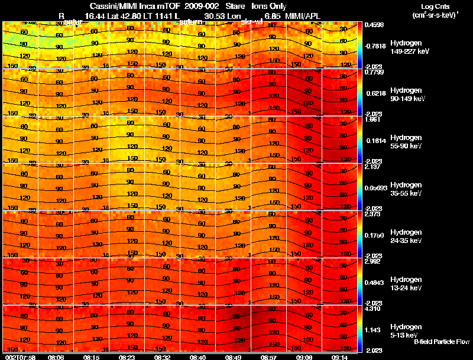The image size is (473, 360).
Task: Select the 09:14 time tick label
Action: coord(339,357)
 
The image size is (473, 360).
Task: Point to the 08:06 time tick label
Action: coord(56,357)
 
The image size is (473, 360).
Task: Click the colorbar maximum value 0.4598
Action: coord(374,25)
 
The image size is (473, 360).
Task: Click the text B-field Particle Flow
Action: coord(441,342)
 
